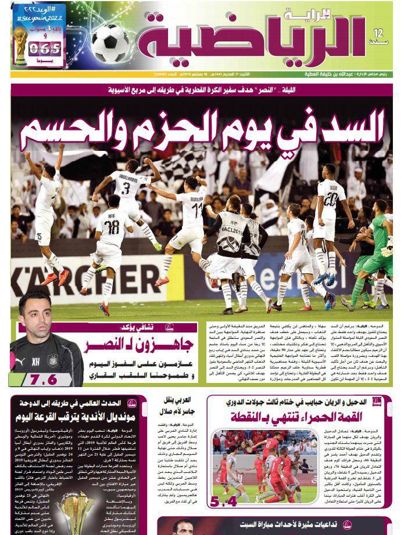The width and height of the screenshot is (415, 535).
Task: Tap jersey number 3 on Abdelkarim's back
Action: (127, 189)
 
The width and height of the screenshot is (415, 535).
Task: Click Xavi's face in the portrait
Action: (38, 316)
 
